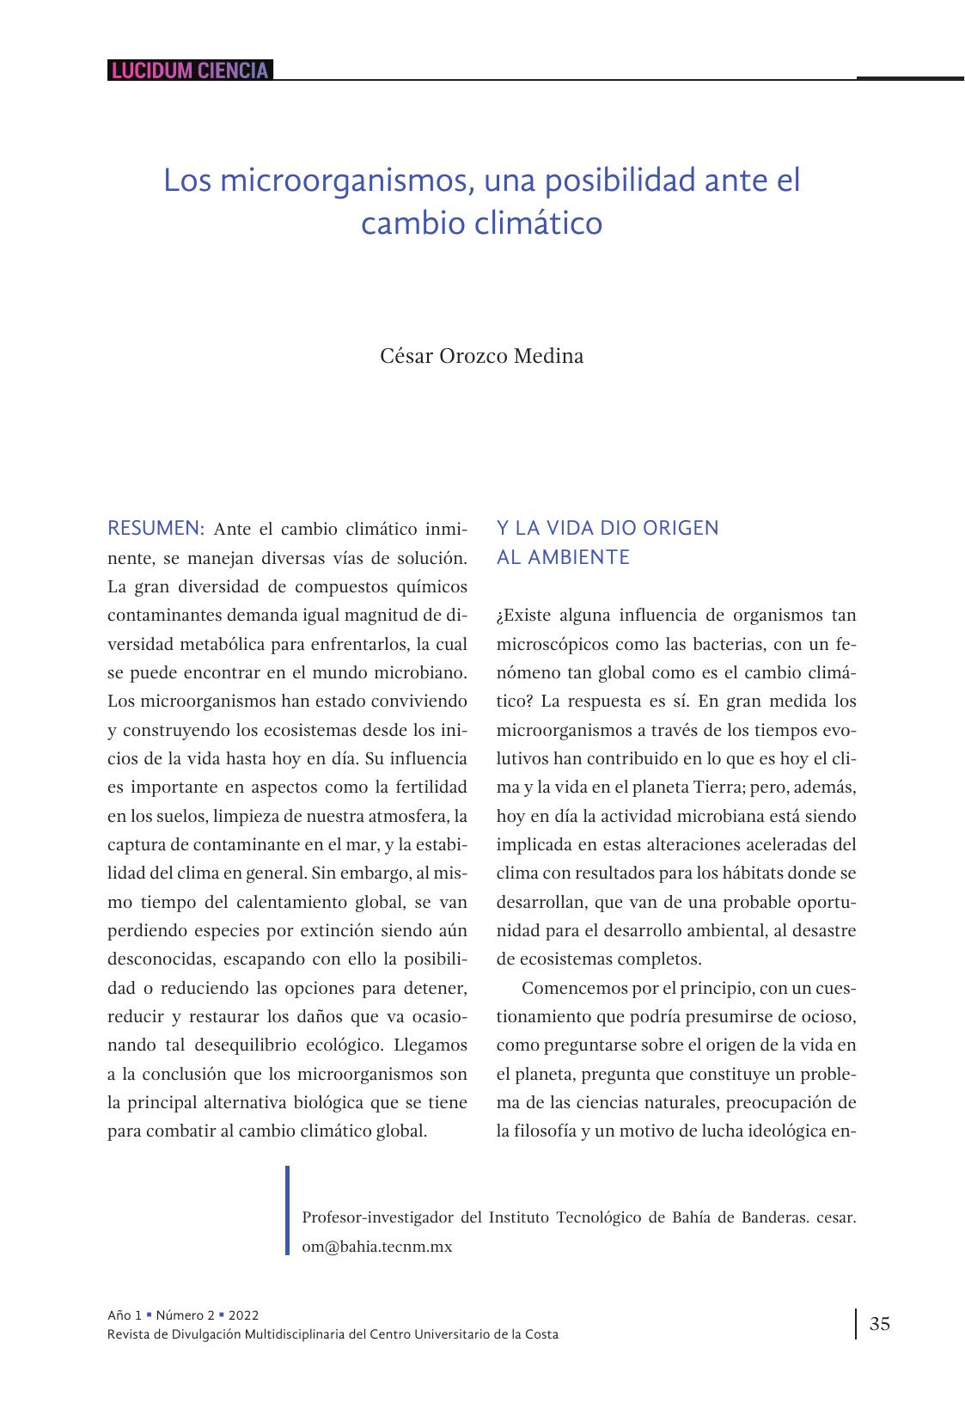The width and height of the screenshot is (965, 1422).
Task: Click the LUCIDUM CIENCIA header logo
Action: tap(190, 70)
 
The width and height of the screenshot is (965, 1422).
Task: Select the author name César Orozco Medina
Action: tap(481, 356)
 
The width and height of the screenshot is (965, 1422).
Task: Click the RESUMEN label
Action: tap(156, 527)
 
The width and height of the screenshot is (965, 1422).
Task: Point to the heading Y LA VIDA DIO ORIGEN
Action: tap(608, 528)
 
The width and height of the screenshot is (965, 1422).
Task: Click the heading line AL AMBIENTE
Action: tap(563, 557)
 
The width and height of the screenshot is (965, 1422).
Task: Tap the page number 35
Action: tap(879, 1323)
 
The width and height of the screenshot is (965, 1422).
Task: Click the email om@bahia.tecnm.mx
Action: tap(376, 1246)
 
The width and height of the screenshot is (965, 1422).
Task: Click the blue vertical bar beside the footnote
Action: tap(288, 1210)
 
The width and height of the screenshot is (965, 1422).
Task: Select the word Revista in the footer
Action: tap(127, 1334)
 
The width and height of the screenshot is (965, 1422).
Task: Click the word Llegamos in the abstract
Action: tap(431, 1045)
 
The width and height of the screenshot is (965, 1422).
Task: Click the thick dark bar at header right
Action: tap(909, 78)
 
